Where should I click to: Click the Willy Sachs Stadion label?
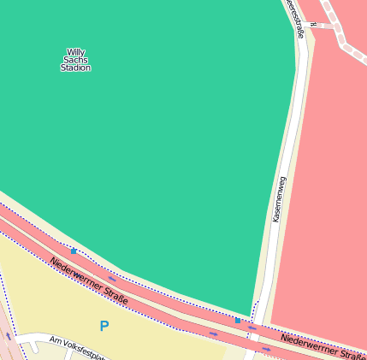tap(75, 60)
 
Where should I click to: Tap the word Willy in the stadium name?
tap(75, 52)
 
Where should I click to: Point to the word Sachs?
tap(75, 60)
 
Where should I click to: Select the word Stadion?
tap(75, 68)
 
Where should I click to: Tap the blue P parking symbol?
tap(104, 326)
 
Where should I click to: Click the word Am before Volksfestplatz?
tap(56, 340)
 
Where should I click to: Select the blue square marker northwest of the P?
tap(74, 251)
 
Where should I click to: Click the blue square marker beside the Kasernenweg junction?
tap(238, 320)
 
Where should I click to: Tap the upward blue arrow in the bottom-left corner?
tap(9, 336)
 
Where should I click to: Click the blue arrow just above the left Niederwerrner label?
tap(112, 278)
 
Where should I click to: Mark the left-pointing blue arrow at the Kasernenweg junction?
tap(252, 327)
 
